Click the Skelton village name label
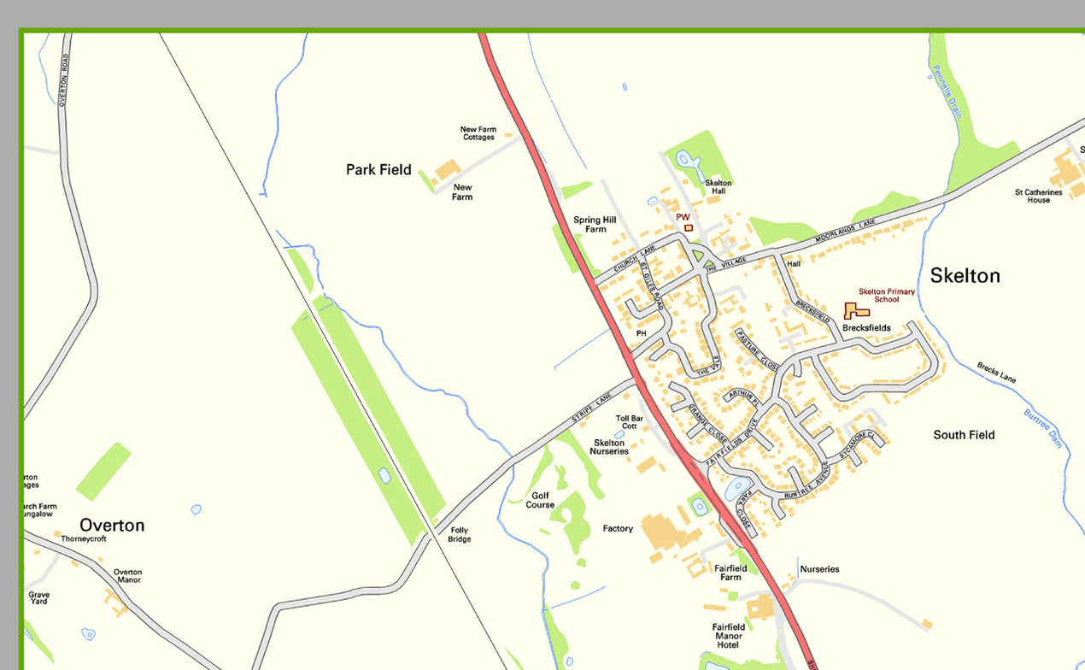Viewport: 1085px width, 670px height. (x=965, y=275)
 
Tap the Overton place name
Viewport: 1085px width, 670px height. (x=112, y=525)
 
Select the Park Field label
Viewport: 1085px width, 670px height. (x=378, y=170)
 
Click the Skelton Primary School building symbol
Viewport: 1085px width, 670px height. (x=855, y=311)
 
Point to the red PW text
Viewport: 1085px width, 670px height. (x=683, y=217)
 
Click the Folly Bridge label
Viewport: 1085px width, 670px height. (x=459, y=534)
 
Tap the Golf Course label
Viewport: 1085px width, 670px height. (x=540, y=500)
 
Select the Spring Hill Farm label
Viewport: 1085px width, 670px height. (x=595, y=224)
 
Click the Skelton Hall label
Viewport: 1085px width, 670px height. (x=718, y=187)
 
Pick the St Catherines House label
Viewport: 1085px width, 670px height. (x=1038, y=196)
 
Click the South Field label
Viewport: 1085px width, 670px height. (x=964, y=435)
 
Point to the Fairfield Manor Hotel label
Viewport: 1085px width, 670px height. (x=729, y=636)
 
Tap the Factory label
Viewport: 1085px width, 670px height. (x=618, y=529)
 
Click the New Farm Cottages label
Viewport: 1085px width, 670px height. (x=478, y=133)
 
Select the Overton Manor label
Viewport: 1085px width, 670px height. (x=127, y=576)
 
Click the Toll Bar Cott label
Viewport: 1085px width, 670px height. (x=629, y=422)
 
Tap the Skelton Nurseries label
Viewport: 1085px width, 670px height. (x=609, y=447)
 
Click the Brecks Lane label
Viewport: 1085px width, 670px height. (x=996, y=373)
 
